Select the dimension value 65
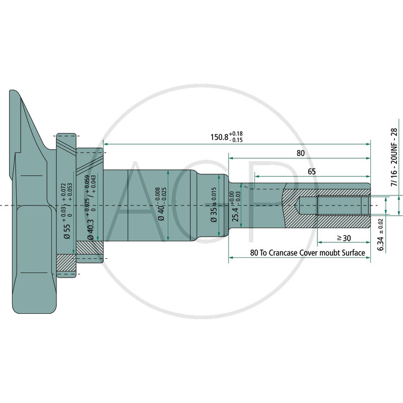[x=311, y=172]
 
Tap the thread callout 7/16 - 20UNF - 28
[x=394, y=158]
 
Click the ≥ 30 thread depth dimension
[x=344, y=237]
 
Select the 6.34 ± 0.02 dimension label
[x=381, y=231]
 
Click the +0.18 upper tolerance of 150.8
[x=236, y=133]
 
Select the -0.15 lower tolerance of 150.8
[x=236, y=140]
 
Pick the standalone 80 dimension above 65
[x=300, y=153]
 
